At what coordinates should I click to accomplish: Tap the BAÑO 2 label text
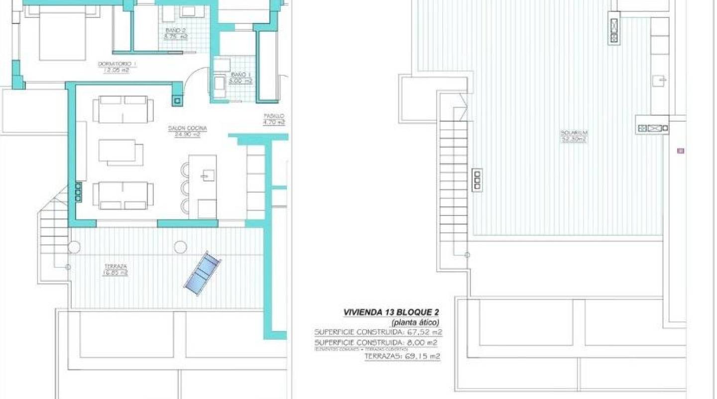point(175,30)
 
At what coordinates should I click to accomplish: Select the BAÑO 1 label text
point(239,74)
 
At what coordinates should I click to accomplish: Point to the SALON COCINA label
point(187,129)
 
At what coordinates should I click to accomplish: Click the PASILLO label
point(274,116)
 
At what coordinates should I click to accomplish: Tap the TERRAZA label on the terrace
point(115,267)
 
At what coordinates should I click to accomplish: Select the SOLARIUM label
point(574,133)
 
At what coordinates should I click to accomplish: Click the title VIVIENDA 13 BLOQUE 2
point(391,312)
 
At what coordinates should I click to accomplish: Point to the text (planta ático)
point(415,322)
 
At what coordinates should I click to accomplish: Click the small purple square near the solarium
point(681,151)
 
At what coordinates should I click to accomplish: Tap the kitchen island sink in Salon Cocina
point(208,175)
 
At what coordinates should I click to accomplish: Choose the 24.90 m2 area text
point(187,135)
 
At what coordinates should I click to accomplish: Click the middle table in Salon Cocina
point(121,152)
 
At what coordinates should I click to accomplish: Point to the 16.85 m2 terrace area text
point(115,273)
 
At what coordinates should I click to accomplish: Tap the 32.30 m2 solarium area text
point(574,139)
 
